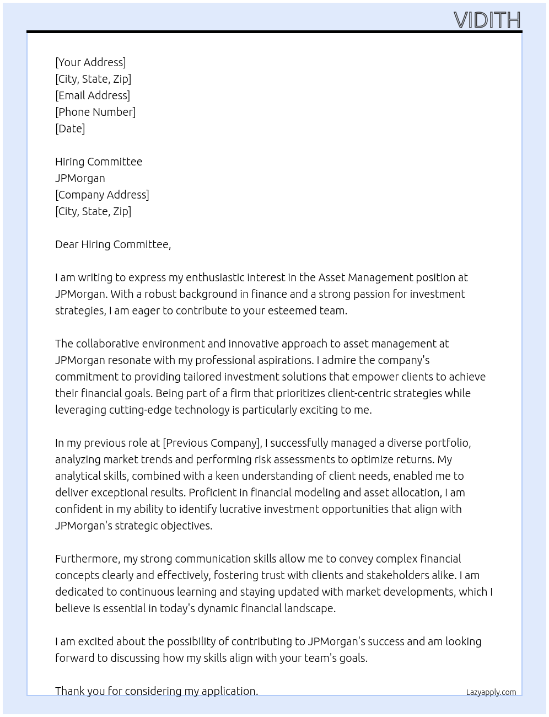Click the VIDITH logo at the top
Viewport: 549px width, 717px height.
tap(487, 20)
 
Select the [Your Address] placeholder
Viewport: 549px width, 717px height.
tap(90, 62)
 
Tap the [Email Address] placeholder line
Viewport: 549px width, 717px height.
tap(93, 95)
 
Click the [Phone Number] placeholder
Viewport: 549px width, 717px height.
tap(95, 112)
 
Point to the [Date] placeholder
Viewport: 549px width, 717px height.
tap(70, 129)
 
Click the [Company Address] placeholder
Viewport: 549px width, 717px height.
tap(102, 195)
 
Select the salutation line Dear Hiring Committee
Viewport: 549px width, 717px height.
tap(113, 244)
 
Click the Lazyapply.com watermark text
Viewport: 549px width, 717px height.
tap(491, 692)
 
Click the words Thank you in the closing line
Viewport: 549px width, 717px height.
tap(77, 691)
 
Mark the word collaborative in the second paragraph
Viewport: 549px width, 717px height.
tap(107, 344)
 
